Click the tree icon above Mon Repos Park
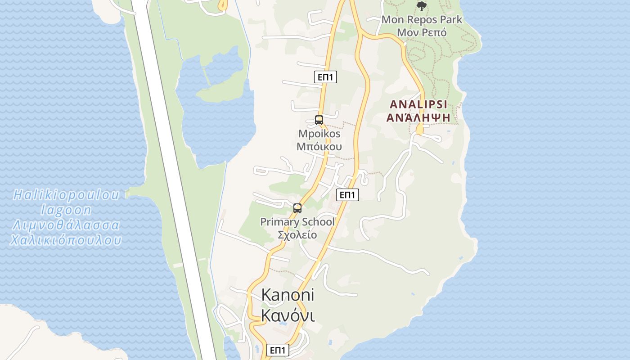click(x=421, y=6)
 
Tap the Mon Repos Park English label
click(x=422, y=20)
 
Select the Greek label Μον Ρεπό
click(x=422, y=32)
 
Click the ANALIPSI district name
click(x=418, y=104)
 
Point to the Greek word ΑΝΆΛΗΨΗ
click(x=418, y=117)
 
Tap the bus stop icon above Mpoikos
click(x=319, y=120)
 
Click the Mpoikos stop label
click(x=319, y=134)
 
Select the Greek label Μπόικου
click(x=319, y=147)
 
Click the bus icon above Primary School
click(x=297, y=208)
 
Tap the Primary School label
click(x=297, y=222)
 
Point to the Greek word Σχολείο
click(x=297, y=235)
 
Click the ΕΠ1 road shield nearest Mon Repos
click(x=325, y=77)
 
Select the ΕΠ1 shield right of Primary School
click(x=347, y=195)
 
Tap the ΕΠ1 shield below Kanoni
click(x=278, y=350)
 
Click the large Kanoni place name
click(x=288, y=295)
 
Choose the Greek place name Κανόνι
click(x=288, y=316)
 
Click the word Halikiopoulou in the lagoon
click(x=67, y=195)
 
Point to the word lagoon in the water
click(x=66, y=210)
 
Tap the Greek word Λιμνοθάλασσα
click(x=66, y=225)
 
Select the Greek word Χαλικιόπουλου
click(x=66, y=240)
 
